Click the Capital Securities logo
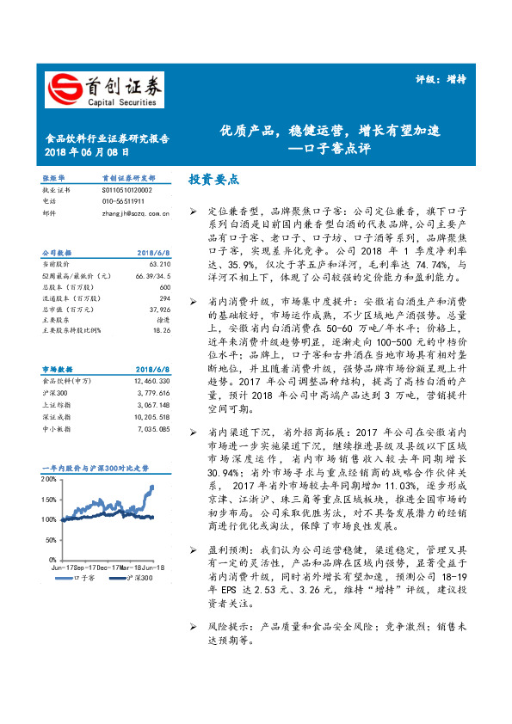click(103, 89)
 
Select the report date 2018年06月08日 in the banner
click(87, 151)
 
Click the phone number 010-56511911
click(120, 200)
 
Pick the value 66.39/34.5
click(153, 275)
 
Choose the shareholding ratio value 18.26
click(162, 329)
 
